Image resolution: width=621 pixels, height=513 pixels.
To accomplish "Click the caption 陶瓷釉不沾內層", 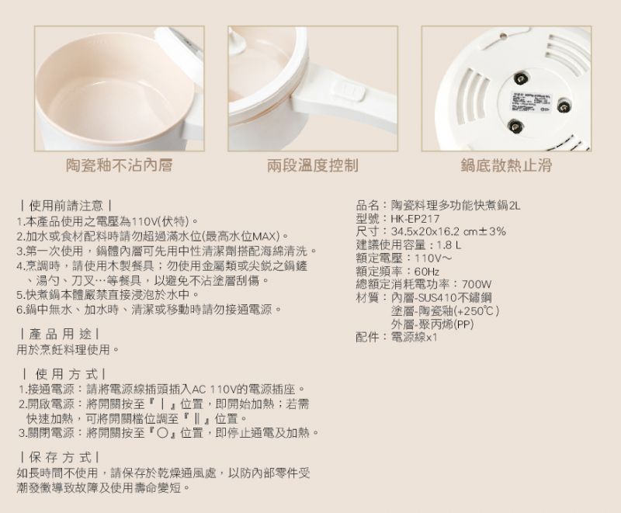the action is (119, 165).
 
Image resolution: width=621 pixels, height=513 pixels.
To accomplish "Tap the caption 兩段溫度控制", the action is (313, 165).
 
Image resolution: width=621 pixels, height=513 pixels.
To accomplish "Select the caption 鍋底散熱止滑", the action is (506, 165).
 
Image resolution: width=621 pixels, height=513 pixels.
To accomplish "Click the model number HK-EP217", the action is (415, 219).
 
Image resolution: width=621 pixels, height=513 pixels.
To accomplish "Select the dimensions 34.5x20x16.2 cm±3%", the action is (449, 231).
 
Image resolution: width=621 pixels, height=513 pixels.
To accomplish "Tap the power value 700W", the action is (477, 284).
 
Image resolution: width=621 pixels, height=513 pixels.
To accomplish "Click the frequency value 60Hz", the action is (426, 272).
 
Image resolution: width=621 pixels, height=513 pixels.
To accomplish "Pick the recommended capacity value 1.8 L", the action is (449, 245).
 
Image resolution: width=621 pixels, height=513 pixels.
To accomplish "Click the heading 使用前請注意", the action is (66, 206).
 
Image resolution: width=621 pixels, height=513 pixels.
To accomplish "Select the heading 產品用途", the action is (61, 334).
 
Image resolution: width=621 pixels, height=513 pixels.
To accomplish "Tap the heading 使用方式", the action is (64, 374).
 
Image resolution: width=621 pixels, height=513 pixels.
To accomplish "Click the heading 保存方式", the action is (61, 458).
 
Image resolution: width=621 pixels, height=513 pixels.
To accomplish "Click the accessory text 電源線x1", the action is (414, 338).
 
